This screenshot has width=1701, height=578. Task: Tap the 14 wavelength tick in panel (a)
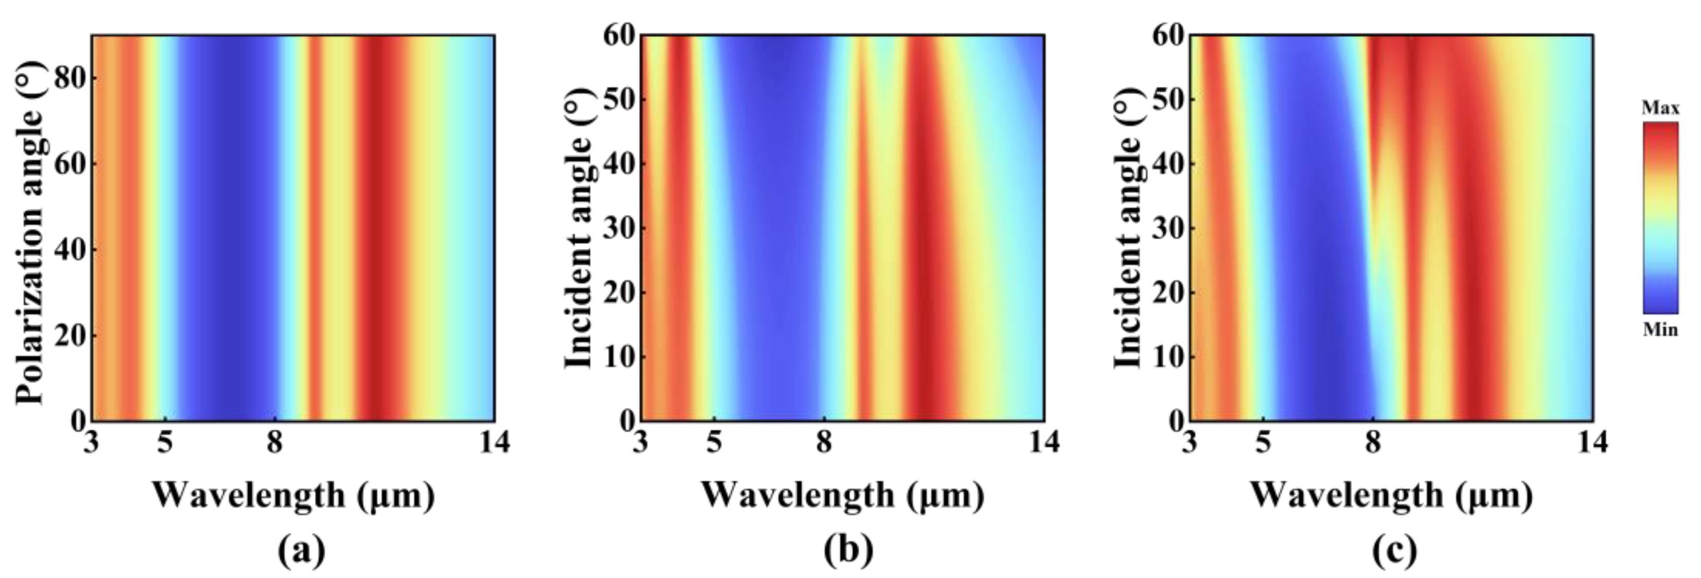[x=494, y=442]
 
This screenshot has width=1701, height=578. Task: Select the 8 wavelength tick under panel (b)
[x=823, y=442]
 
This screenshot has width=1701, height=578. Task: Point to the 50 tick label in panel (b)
[x=618, y=99]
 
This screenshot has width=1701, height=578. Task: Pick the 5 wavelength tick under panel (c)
[x=1263, y=442]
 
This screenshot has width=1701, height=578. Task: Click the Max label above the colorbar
[x=1660, y=108]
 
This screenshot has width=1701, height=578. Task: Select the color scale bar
[x=1660, y=218]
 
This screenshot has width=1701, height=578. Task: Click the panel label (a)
[x=301, y=550]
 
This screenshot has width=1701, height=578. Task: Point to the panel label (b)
[x=848, y=550]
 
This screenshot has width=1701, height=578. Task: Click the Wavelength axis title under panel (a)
[x=294, y=495]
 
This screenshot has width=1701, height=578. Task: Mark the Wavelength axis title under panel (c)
[x=1391, y=495]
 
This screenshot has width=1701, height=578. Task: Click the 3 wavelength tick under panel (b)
[x=640, y=442]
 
